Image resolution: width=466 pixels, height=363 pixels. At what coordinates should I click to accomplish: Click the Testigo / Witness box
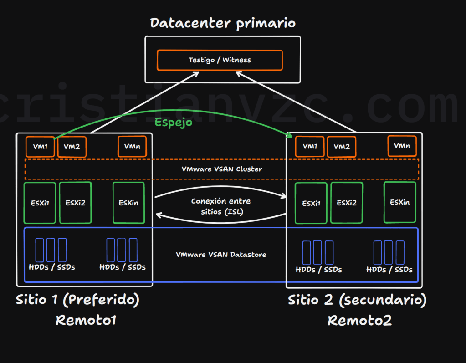(220, 60)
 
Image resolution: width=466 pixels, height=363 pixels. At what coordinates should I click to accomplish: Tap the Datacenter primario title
(223, 23)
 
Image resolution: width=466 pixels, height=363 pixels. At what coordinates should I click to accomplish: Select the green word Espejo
(173, 122)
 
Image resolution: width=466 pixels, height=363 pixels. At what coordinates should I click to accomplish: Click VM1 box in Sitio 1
(40, 147)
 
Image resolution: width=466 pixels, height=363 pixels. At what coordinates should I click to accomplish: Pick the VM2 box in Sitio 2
(341, 147)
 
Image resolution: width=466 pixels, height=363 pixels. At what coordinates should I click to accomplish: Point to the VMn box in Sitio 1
(132, 147)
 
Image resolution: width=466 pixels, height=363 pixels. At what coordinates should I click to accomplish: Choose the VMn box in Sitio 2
(402, 146)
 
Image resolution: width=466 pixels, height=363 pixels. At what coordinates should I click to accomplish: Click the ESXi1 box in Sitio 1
(40, 203)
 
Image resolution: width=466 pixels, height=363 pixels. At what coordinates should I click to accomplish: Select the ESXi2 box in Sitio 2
(347, 203)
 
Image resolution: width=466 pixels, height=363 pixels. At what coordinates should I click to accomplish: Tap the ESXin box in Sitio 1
(128, 203)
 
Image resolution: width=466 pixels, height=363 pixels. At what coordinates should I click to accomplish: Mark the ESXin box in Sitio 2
(399, 202)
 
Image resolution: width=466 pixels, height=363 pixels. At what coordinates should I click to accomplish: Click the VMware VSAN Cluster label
(222, 169)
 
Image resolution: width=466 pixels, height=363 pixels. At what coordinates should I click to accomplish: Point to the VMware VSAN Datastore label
(221, 255)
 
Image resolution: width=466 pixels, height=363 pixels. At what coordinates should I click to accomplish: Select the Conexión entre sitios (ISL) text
(221, 206)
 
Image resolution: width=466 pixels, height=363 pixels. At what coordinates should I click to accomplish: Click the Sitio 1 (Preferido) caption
(77, 300)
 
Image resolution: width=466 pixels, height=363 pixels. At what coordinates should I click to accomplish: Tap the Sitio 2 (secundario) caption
(357, 301)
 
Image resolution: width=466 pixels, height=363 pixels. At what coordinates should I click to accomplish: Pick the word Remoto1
(86, 320)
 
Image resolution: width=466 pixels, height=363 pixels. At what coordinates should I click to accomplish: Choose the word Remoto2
(359, 321)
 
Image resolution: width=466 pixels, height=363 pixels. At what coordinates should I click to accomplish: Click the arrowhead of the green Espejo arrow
(290, 134)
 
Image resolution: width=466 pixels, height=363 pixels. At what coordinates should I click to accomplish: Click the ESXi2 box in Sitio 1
(75, 203)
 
